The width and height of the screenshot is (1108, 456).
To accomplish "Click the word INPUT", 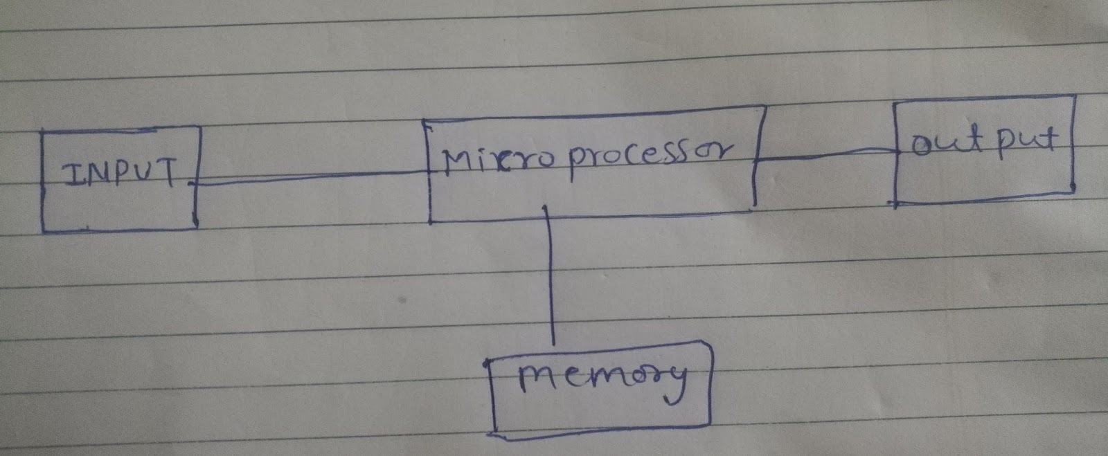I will coord(119,175).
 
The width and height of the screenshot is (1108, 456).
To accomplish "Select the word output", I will coord(984,141).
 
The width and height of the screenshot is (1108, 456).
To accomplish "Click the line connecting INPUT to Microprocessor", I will coord(312,179).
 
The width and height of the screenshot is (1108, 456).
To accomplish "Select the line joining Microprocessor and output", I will coord(824,157).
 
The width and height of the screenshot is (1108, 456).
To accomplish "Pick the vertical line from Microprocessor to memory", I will coord(551,277).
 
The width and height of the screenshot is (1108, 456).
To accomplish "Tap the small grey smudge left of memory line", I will coord(402,302).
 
